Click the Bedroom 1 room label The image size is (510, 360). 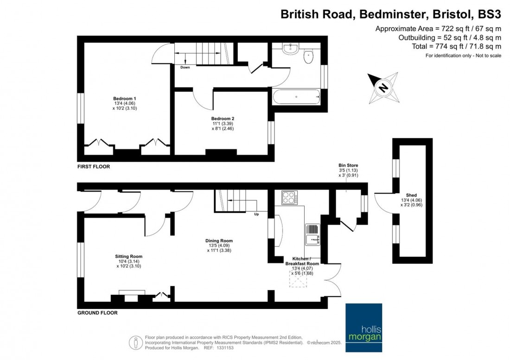tap(125, 98)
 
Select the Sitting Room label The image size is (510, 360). tap(128, 256)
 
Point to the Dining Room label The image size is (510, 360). tap(219, 240)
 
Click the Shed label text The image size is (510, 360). tap(412, 195)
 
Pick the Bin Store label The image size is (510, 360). tap(348, 165)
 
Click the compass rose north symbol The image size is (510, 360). tap(382, 87)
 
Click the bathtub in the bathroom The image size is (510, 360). tap(296, 98)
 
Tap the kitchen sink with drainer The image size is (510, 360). tap(312, 234)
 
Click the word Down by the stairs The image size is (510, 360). tap(185, 67)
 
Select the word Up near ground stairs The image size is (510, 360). tap(256, 214)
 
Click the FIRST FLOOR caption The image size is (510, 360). tap(94, 166)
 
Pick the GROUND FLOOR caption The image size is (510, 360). tap(97, 313)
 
